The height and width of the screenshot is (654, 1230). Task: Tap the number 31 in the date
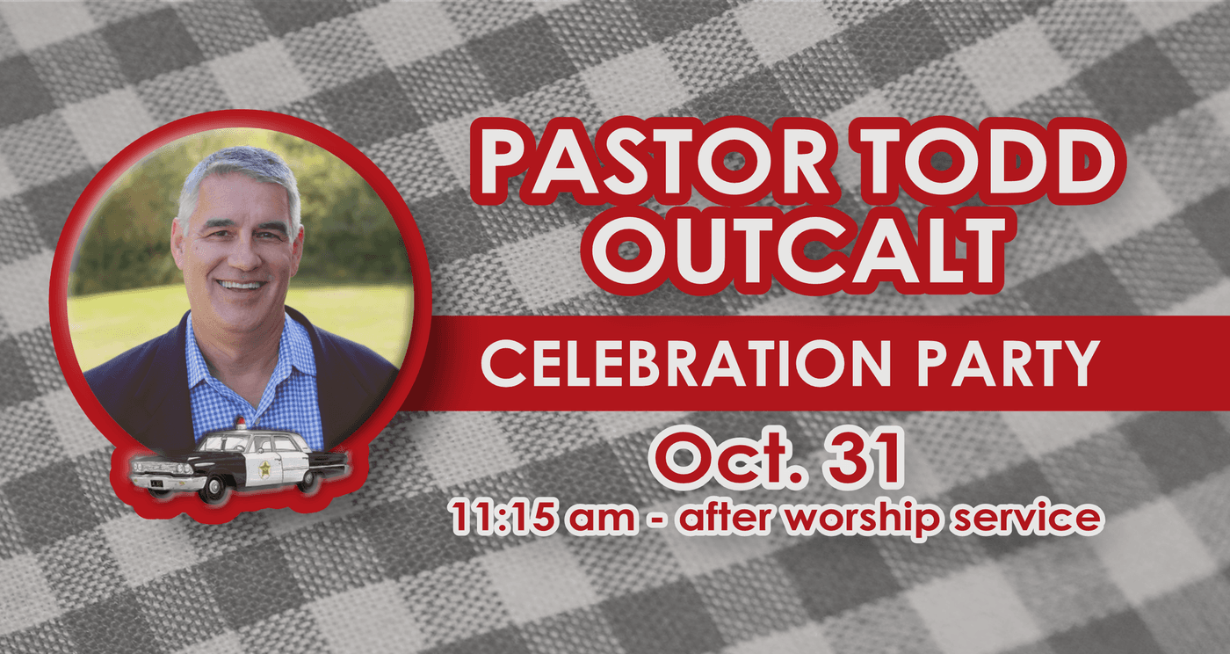pyautogui.click(x=865, y=460)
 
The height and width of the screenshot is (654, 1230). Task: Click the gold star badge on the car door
pyautogui.click(x=264, y=469)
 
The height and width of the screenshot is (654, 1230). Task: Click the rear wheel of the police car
pyautogui.click(x=307, y=480)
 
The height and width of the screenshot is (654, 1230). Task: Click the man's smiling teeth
pyautogui.click(x=241, y=285)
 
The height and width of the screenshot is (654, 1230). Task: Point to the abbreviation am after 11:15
pyautogui.click(x=601, y=520)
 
